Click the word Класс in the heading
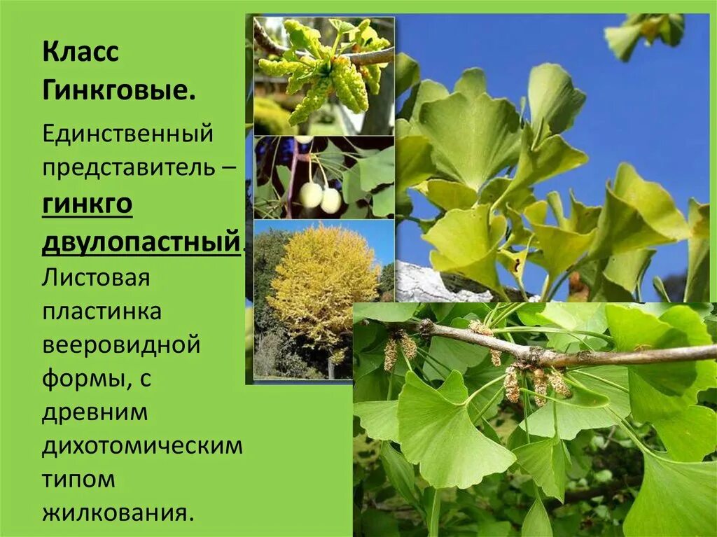point(81,53)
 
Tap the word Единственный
point(127,132)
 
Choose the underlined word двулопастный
point(140,242)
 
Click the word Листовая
point(96,277)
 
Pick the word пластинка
point(102,312)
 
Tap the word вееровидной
point(121,345)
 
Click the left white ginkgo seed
point(311,195)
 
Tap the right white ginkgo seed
point(330,201)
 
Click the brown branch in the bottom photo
point(560,356)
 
